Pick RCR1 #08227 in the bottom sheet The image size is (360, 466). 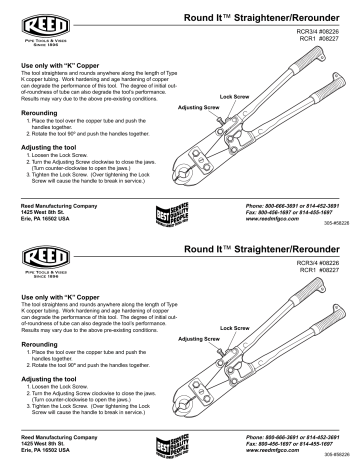coord(320,274)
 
